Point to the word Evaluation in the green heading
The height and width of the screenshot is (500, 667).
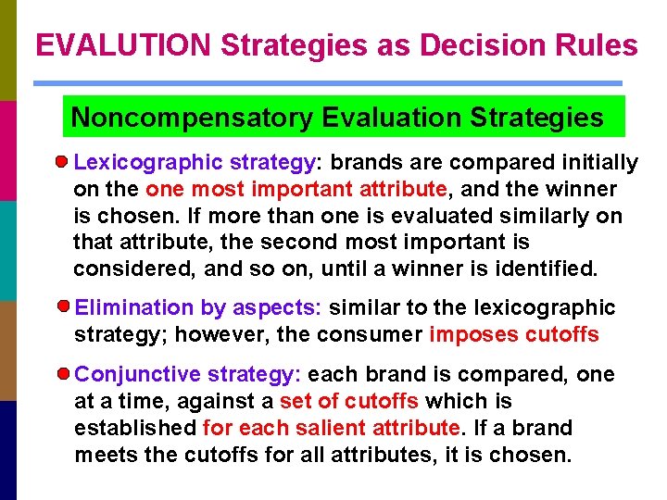coord(391,119)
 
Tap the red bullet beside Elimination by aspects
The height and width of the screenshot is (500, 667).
coord(62,306)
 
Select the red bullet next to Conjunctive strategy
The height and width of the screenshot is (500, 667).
coord(62,374)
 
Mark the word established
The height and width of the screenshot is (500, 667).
coord(135,429)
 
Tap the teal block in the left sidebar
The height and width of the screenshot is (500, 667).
coord(8,250)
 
